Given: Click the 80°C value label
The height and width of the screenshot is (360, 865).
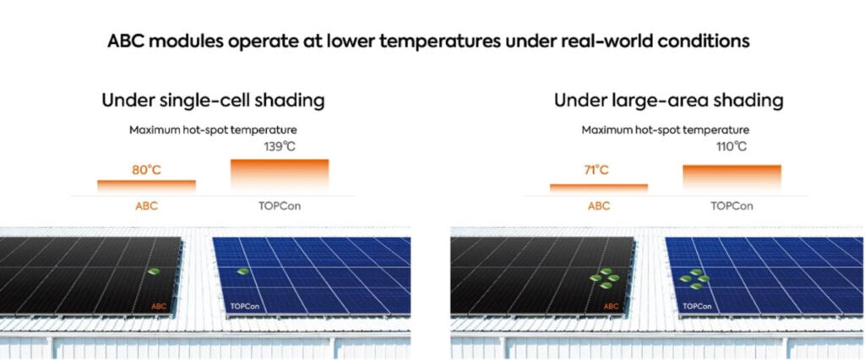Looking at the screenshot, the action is click(x=146, y=170).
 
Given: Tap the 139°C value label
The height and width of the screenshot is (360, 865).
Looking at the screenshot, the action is click(x=280, y=147).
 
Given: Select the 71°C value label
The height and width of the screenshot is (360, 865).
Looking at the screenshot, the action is click(x=596, y=170).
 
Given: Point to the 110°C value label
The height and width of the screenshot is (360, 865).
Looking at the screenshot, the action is click(x=732, y=147).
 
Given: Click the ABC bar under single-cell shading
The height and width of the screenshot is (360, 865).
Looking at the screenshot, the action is click(x=146, y=186).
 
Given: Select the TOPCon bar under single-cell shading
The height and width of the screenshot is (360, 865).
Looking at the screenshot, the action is click(x=279, y=176).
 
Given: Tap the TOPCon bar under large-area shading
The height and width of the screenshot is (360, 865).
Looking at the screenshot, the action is click(x=732, y=178).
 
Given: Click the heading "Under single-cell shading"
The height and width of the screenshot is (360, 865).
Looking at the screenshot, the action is click(x=213, y=101).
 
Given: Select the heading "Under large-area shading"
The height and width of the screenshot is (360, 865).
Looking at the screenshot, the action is click(x=669, y=101).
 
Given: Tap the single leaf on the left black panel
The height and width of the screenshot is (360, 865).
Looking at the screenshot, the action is click(x=154, y=271).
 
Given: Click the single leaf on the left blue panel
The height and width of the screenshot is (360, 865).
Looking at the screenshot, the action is click(x=242, y=271).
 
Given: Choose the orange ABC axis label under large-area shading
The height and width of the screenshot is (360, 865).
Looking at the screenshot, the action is click(x=599, y=206).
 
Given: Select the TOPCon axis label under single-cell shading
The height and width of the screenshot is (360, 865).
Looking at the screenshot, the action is click(x=280, y=206).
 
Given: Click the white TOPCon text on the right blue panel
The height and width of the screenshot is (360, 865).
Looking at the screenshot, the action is click(x=696, y=306).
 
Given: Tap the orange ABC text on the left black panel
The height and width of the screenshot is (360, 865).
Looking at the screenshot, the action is click(x=159, y=306).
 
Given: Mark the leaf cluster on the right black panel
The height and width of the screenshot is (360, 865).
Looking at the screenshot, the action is click(x=605, y=278).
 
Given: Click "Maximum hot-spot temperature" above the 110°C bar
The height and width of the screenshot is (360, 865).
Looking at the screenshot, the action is click(x=666, y=130).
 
